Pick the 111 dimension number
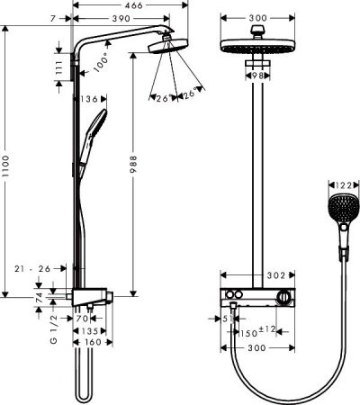point(59,71)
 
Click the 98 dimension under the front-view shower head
point(259,76)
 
